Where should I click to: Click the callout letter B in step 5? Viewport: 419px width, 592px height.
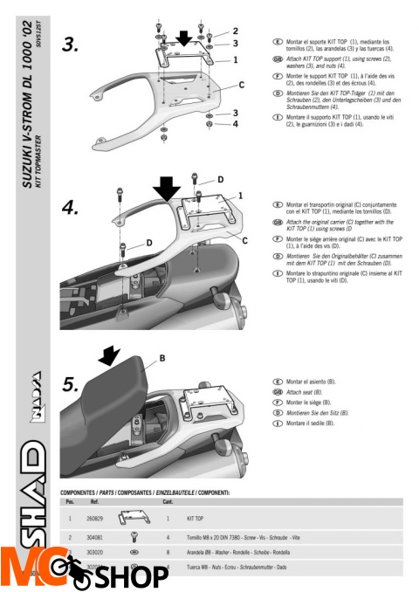(161, 358)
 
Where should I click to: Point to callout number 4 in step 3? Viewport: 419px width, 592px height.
(235, 124)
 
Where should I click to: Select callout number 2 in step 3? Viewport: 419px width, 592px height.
(236, 31)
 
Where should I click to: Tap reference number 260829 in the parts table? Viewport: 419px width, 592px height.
(98, 519)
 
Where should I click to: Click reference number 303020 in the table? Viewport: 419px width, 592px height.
(98, 553)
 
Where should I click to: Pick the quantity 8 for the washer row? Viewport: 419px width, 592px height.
(167, 553)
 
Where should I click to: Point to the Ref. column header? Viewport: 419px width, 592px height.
(95, 501)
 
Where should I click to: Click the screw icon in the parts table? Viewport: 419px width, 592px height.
(134, 537)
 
